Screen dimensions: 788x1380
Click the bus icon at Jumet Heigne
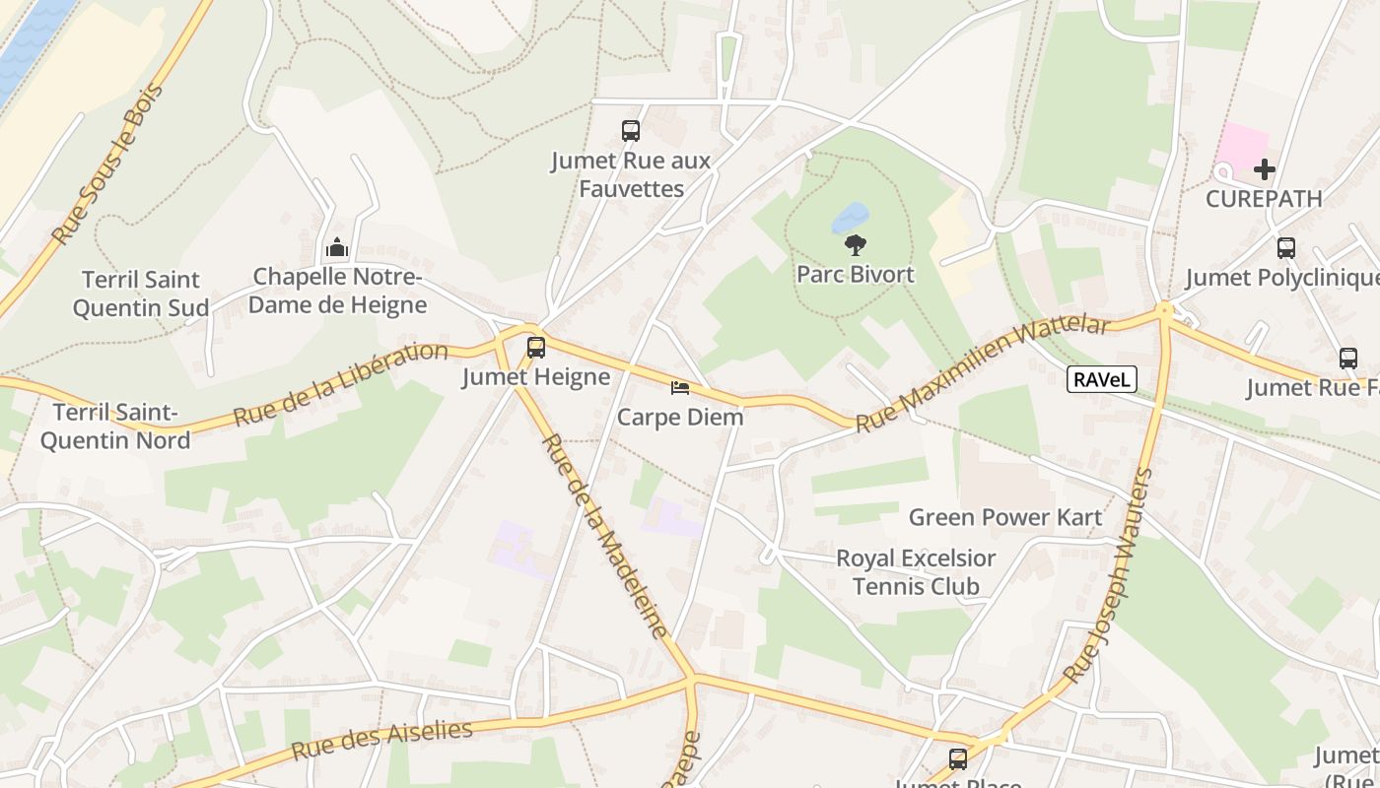pyautogui.click(x=536, y=348)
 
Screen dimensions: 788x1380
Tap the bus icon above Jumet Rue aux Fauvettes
pyautogui.click(x=631, y=130)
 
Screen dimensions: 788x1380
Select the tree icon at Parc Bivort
pyautogui.click(x=856, y=245)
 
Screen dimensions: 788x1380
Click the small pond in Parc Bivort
pyautogui.click(x=850, y=217)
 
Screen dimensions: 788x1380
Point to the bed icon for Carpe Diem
pyautogui.click(x=680, y=388)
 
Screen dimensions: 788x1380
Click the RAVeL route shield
pyautogui.click(x=1102, y=379)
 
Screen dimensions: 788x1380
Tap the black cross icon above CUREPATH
pyautogui.click(x=1264, y=170)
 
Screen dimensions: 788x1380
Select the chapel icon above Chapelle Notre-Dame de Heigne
pyautogui.click(x=337, y=248)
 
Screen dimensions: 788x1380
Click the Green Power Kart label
pyautogui.click(x=1004, y=517)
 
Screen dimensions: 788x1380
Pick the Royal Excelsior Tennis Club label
pyautogui.click(x=916, y=572)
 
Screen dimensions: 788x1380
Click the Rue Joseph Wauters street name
pyautogui.click(x=1108, y=576)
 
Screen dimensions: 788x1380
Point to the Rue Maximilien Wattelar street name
pyautogui.click(x=982, y=374)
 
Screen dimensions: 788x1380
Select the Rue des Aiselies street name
pyautogui.click(x=381, y=740)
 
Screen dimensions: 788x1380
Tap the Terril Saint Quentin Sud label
pyautogui.click(x=141, y=294)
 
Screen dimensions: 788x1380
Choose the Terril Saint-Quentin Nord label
pyautogui.click(x=114, y=426)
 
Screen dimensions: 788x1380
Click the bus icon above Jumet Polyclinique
pyautogui.click(x=1285, y=248)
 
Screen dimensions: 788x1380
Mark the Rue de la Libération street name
pyautogui.click(x=340, y=383)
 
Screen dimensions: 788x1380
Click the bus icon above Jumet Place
pyautogui.click(x=958, y=759)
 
